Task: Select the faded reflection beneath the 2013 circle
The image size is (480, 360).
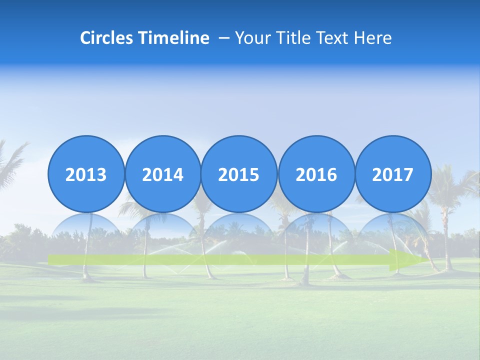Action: coord(86,232)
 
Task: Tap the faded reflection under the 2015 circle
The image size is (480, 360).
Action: coord(239,232)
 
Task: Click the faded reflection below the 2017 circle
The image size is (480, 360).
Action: coord(393,232)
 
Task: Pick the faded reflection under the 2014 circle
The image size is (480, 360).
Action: coord(162,232)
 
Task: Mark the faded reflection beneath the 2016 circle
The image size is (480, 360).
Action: coord(316,232)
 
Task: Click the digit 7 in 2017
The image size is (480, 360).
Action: coord(408,175)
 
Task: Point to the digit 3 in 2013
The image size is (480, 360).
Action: coord(101,175)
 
